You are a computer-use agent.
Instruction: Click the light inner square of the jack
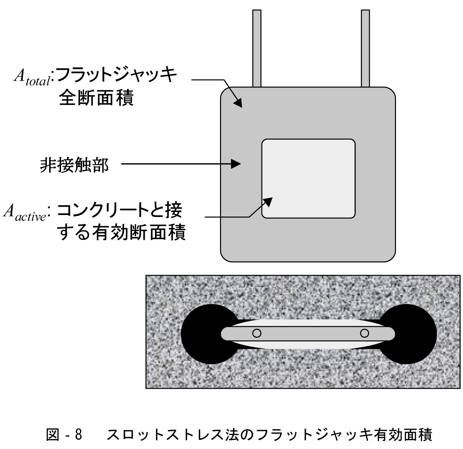pos(308,178)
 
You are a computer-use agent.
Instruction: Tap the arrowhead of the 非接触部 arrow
pos(237,164)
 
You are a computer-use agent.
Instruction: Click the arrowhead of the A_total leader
pos(238,103)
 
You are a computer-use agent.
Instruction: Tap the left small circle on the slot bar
pos(257,333)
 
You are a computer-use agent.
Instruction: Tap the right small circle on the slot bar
pos(364,333)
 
